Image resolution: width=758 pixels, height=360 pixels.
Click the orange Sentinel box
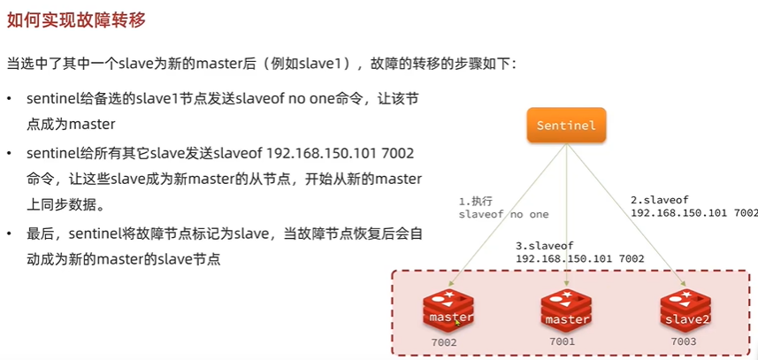tap(566, 126)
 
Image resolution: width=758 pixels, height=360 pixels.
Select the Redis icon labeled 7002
tap(448, 310)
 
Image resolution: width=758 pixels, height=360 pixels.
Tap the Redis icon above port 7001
tap(567, 310)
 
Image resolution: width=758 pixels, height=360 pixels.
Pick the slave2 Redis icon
tap(685, 310)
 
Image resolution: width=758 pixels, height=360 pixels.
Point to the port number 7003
tap(684, 341)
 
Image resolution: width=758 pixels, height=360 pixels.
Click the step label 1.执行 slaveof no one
tap(503, 207)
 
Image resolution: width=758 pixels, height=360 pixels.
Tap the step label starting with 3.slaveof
tap(579, 251)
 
